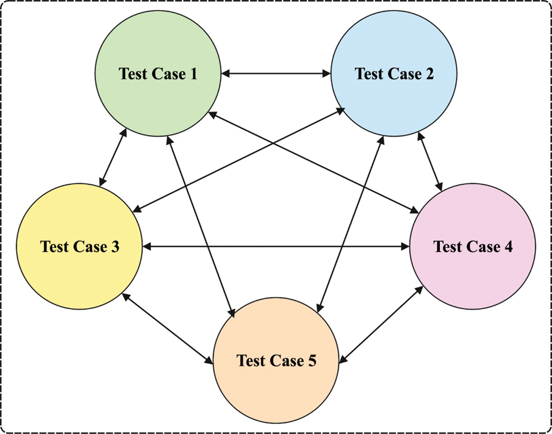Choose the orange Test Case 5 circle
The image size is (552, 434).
pyautogui.click(x=276, y=387)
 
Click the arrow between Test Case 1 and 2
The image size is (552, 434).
pyautogui.click(x=276, y=73)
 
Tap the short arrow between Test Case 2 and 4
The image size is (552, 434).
pyautogui.click(x=430, y=161)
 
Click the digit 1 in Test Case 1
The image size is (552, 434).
pyautogui.click(x=193, y=73)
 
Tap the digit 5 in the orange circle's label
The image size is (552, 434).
pyautogui.click(x=312, y=361)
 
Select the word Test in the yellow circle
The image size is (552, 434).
pyautogui.click(x=54, y=247)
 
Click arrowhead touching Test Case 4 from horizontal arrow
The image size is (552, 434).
pyautogui.click(x=404, y=247)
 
